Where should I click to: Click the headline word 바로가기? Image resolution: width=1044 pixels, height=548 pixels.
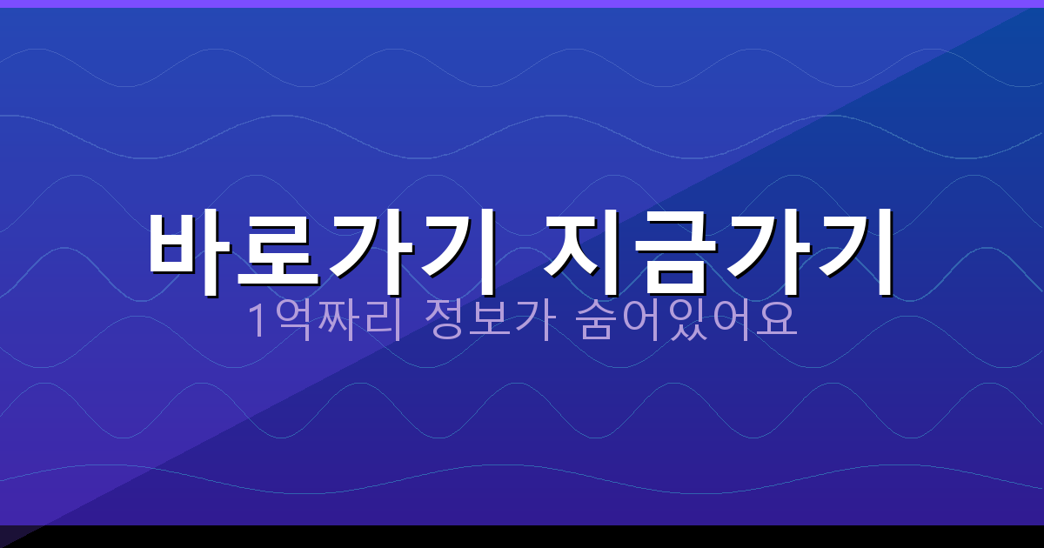(322, 252)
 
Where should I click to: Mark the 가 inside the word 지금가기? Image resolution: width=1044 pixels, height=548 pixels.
(766, 252)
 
